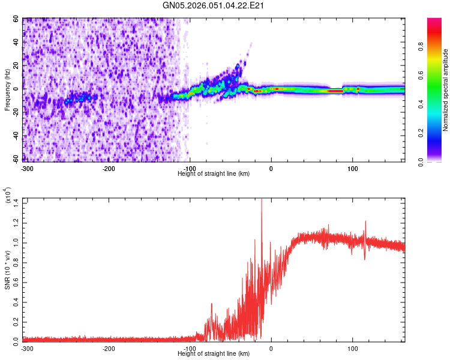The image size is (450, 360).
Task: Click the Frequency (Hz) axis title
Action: point(7,90)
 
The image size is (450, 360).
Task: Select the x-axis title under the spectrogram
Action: point(214,173)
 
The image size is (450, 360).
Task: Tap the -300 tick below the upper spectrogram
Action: point(27,168)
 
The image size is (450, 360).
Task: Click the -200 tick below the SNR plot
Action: point(109,349)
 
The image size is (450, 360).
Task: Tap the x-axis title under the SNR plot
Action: point(214,354)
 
